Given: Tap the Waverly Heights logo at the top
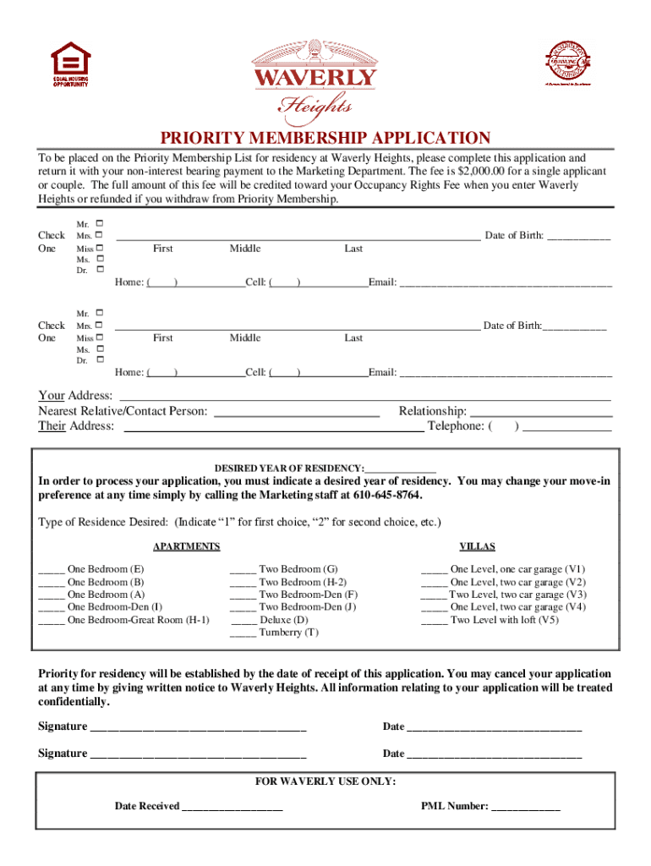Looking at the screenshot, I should (x=315, y=79).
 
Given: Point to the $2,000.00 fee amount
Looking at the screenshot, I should (x=483, y=171).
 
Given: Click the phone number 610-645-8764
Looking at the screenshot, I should (x=385, y=495).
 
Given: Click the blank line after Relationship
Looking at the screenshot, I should (x=540, y=411).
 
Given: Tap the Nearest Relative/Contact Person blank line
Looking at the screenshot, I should (x=297, y=411).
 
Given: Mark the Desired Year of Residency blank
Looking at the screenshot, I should (x=401, y=468).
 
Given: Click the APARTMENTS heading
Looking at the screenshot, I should (x=186, y=546).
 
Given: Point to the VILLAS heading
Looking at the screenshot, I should (x=477, y=546).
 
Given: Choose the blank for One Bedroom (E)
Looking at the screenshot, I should (x=51, y=570).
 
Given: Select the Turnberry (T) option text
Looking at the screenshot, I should (x=288, y=633).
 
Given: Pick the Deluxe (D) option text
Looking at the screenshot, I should (x=283, y=620).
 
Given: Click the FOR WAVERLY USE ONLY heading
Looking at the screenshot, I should (x=325, y=781).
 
